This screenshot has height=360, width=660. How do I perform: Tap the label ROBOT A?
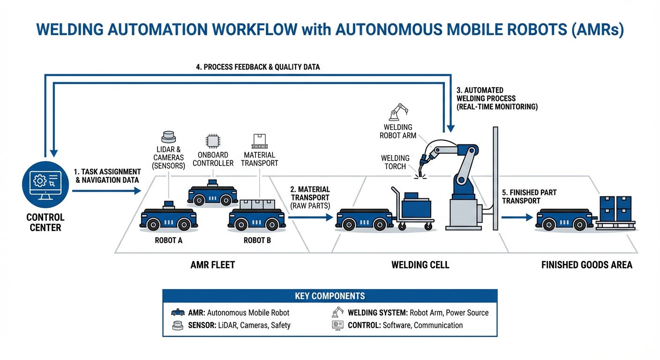point(168,240)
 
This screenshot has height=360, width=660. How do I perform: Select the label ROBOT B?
point(257,240)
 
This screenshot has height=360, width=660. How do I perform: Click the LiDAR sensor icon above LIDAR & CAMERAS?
point(168,137)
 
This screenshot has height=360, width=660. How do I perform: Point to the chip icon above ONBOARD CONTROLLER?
point(212,141)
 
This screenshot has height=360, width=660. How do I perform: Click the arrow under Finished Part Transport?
point(517,217)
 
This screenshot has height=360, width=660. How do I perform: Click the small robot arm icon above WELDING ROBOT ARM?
point(397,112)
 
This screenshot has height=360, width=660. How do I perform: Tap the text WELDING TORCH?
point(395,162)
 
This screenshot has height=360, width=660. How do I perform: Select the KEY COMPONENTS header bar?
point(330,296)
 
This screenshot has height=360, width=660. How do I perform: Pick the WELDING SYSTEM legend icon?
point(337,312)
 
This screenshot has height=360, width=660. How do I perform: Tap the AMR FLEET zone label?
point(212,265)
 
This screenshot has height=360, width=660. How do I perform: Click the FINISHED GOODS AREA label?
point(586,265)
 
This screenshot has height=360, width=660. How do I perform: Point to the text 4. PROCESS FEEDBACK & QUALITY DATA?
point(258,67)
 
